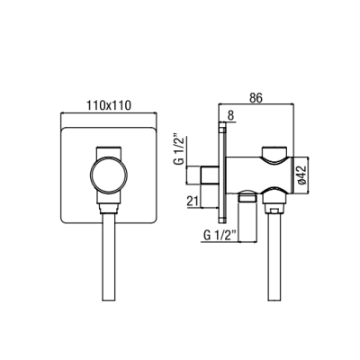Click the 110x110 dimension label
pos(109,105)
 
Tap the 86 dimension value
pos(256,98)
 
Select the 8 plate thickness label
pos(230,116)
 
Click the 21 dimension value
pos(193,202)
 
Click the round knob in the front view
pos(109,175)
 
